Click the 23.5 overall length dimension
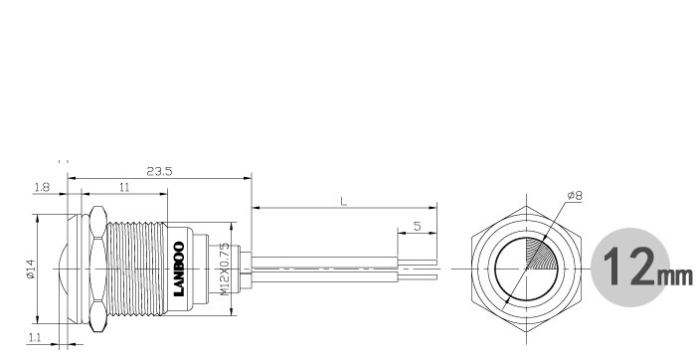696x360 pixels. [x=159, y=171]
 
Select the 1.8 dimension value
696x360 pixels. [x=42, y=187]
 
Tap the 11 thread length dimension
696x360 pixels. [x=124, y=187]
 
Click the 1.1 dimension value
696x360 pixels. [x=35, y=338]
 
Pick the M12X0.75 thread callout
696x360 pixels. [x=225, y=269]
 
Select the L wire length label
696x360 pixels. [x=344, y=201]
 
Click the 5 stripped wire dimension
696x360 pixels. [x=418, y=227]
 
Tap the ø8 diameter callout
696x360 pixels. [x=575, y=195]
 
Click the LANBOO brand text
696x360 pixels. [x=179, y=269]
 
